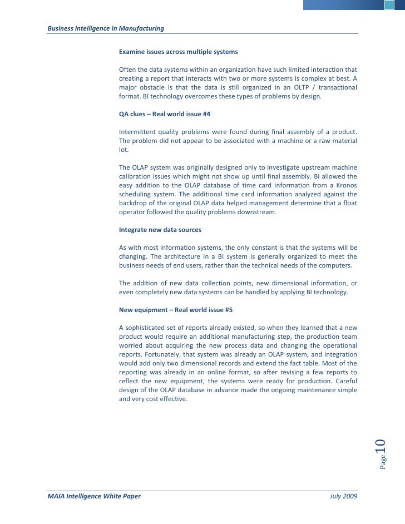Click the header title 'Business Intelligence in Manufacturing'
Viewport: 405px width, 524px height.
(x=106, y=28)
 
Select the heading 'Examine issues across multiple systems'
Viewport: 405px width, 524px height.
(x=178, y=52)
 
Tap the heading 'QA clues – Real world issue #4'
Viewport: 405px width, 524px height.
(x=165, y=113)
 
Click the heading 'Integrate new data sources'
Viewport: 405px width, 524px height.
(x=160, y=230)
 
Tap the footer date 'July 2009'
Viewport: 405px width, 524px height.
(x=344, y=496)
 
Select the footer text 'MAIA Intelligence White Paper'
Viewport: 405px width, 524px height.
(x=94, y=496)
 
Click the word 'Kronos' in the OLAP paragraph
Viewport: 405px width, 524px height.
(x=345, y=185)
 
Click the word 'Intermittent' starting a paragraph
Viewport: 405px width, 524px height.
(x=137, y=132)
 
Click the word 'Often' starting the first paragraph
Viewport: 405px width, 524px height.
(x=128, y=70)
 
